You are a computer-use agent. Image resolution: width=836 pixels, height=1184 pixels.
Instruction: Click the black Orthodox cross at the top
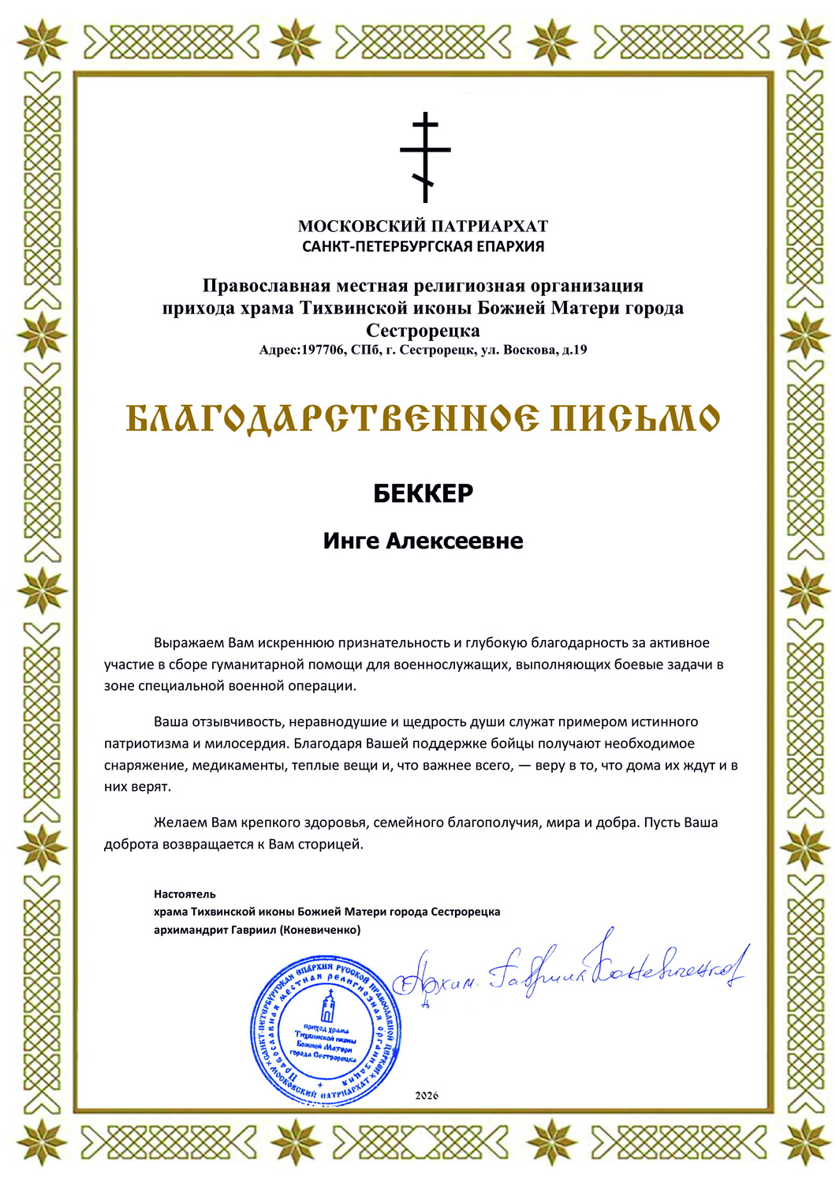point(425,156)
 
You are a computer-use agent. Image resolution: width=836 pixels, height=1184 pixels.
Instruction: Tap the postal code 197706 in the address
point(323,350)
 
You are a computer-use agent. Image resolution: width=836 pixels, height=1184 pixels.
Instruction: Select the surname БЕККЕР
point(423,493)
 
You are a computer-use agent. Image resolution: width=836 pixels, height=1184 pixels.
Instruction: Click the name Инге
point(351,541)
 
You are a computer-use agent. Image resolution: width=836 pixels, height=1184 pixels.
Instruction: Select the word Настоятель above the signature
point(185,894)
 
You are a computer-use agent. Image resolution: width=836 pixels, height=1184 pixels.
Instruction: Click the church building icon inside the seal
point(327,1006)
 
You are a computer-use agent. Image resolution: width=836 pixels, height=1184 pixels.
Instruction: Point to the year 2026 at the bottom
point(426,1096)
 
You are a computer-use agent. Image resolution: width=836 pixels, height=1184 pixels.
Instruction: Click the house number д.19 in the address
point(573,350)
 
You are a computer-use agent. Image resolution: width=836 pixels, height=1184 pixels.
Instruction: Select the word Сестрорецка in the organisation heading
point(423,330)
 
